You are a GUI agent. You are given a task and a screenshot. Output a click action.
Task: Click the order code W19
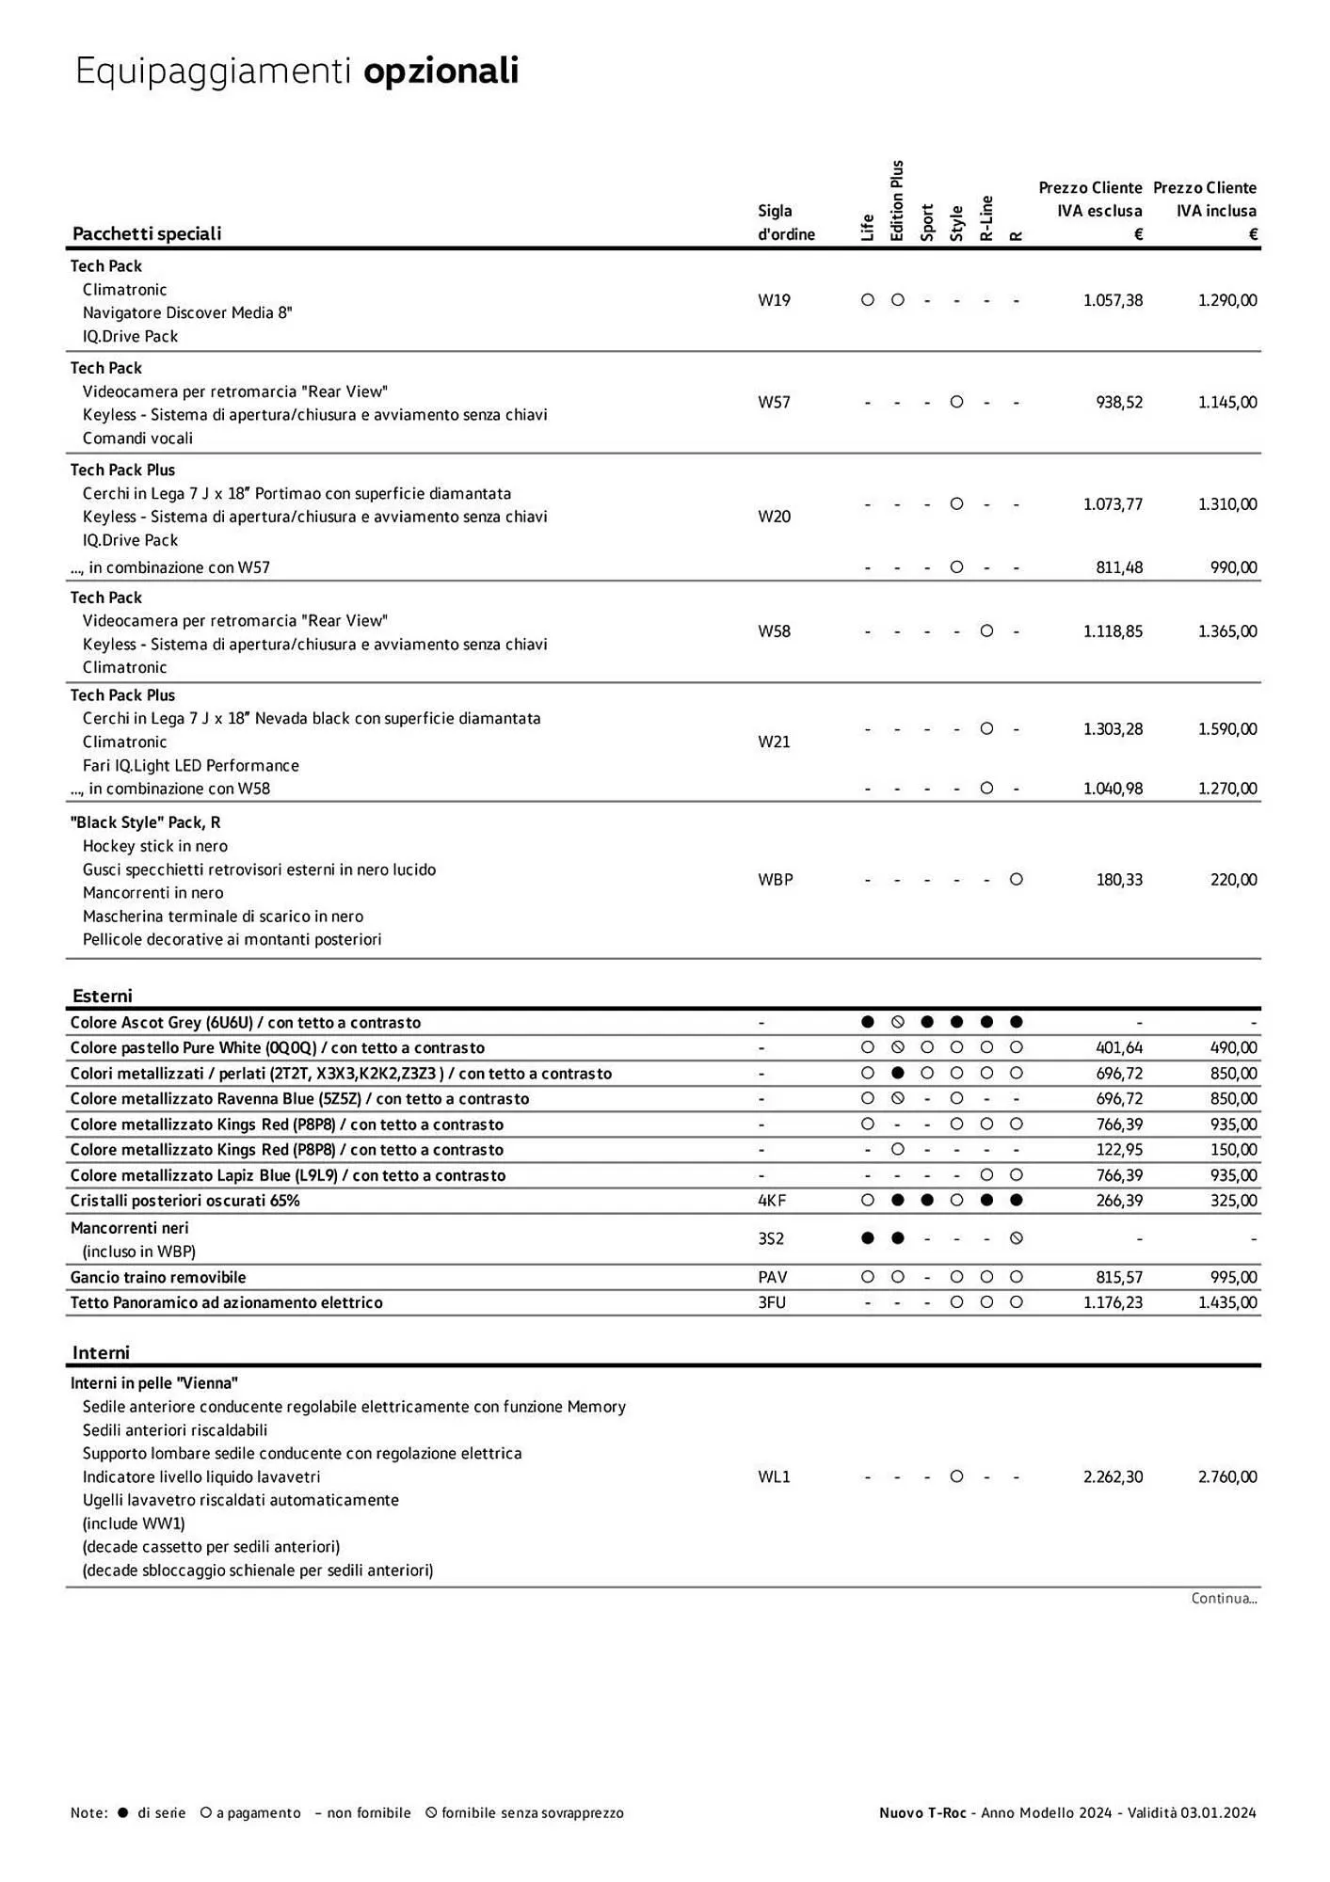774,300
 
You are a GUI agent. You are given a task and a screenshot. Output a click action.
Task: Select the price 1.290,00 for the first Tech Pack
1226,300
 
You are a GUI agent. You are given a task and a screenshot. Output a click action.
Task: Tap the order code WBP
775,880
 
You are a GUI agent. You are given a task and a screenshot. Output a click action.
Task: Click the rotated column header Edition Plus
896,200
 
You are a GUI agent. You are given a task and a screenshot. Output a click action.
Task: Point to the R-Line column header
986,218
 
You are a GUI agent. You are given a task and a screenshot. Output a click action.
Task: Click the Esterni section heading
102,996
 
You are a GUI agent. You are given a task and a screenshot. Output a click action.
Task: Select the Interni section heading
101,1352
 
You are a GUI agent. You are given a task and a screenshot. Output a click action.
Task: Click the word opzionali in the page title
441,72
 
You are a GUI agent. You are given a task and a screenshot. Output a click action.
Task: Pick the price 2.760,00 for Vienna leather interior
1226,1477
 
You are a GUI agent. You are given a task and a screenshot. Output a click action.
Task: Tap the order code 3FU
771,1303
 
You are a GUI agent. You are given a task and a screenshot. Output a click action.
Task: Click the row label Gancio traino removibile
158,1278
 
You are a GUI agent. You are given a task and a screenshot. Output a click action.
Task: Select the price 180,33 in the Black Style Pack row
1119,880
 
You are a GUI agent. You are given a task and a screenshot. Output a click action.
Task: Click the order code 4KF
772,1201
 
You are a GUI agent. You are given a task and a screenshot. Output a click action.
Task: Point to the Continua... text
1224,1599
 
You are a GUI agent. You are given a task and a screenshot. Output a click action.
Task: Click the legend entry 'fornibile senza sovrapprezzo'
532,1813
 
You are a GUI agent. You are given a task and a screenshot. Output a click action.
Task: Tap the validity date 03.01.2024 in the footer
1218,1813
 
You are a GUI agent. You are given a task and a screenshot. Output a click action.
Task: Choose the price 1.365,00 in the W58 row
1226,631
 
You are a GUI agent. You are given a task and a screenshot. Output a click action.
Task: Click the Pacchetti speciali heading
147,233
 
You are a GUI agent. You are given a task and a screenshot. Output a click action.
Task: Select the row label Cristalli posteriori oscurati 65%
184,1201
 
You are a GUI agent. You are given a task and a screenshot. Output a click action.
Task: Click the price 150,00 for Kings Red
1234,1150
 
